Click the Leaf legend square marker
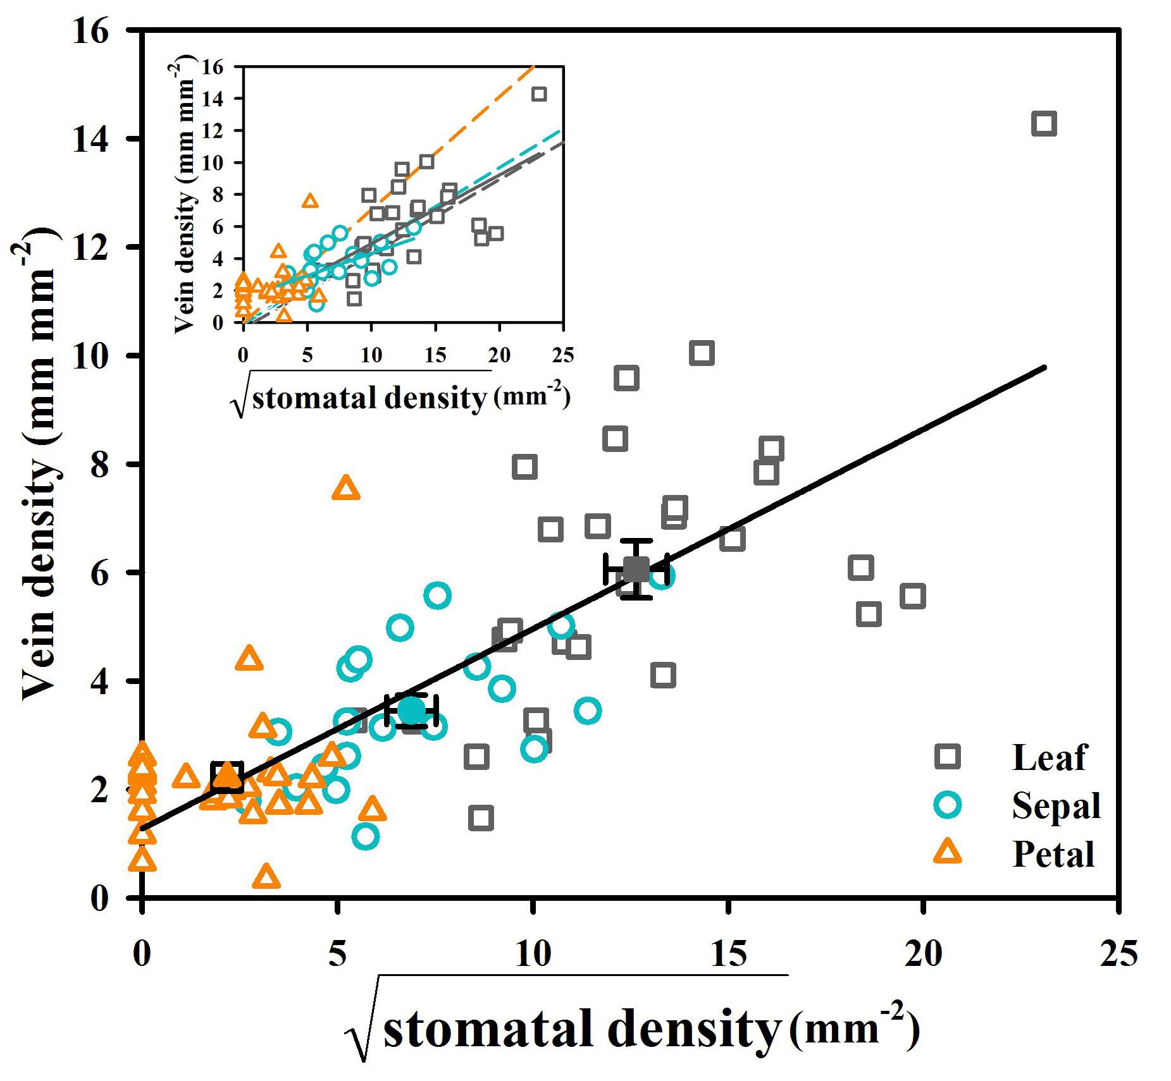pyautogui.click(x=948, y=756)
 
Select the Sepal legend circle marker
pyautogui.click(x=948, y=805)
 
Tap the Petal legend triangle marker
pyautogui.click(x=948, y=853)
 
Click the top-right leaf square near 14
pyautogui.click(x=1043, y=123)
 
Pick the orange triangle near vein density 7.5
pyautogui.click(x=345, y=489)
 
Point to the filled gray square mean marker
pyautogui.click(x=636, y=569)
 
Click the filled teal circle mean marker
pyautogui.click(x=412, y=710)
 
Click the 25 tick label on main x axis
pyautogui.click(x=1118, y=953)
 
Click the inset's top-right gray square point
pyautogui.click(x=539, y=94)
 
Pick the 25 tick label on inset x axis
pyautogui.click(x=562, y=355)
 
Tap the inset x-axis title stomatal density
pyautogui.click(x=368, y=398)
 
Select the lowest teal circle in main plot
pyautogui.click(x=366, y=837)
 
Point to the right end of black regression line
pyautogui.click(x=1044, y=367)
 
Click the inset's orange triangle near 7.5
pyautogui.click(x=310, y=201)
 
